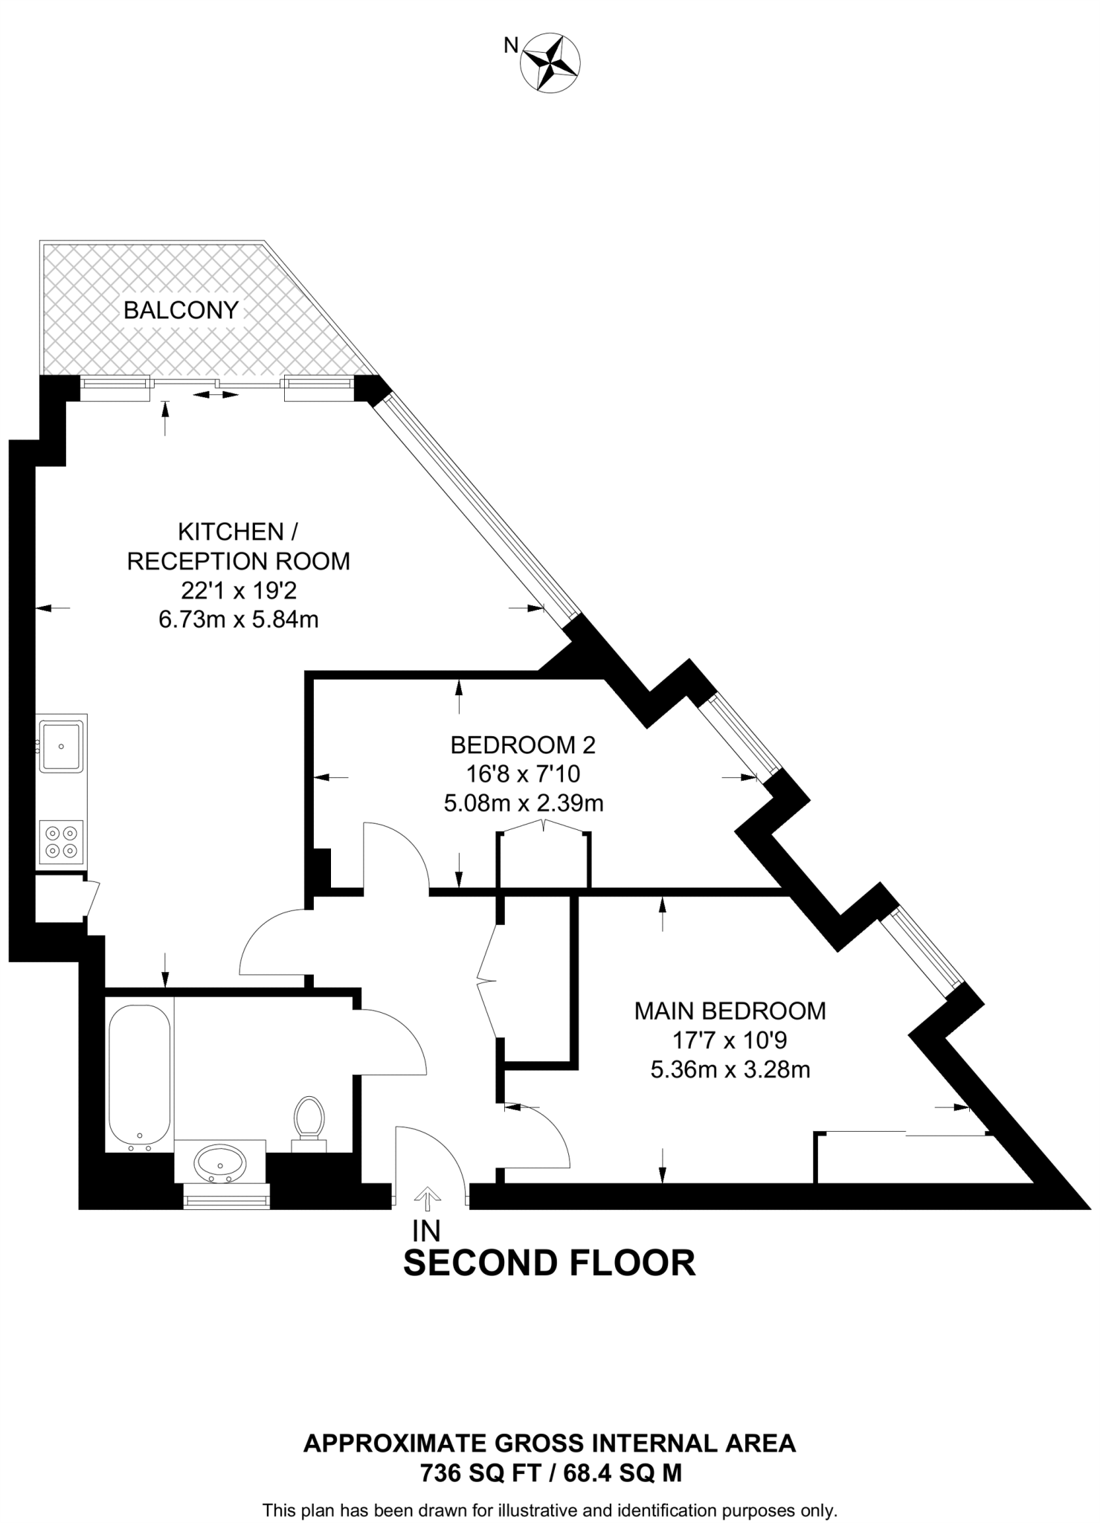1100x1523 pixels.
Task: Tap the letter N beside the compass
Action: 511,45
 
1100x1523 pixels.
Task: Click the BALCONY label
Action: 181,310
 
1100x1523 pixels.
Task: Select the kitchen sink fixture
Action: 62,744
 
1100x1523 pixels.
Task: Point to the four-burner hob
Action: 62,842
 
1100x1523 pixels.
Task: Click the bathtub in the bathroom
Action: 139,1076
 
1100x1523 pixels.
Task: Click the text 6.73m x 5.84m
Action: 239,619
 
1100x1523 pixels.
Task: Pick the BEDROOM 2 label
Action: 524,744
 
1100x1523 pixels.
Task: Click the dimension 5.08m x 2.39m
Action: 524,803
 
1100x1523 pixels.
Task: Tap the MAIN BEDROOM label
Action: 730,1011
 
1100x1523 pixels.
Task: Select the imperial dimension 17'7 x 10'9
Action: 730,1040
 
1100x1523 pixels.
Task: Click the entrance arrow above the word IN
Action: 427,1195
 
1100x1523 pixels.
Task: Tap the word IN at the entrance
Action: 427,1231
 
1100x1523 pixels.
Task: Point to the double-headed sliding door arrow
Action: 216,395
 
